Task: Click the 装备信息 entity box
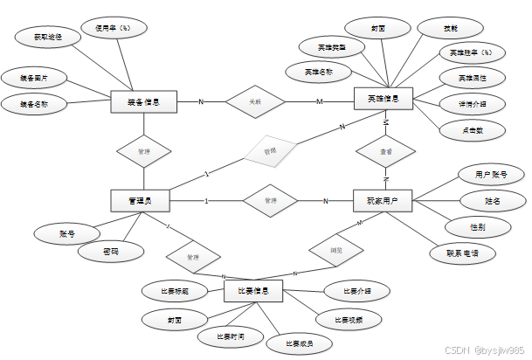[145, 102]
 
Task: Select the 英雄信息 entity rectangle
[383, 100]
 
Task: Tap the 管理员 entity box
[140, 202]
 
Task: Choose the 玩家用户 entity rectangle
[383, 202]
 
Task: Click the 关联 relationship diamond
[255, 102]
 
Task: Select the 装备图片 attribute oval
[34, 79]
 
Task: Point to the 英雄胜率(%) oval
[472, 52]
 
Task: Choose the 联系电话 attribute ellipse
[461, 253]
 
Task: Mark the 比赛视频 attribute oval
[349, 320]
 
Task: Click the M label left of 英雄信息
[319, 102]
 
